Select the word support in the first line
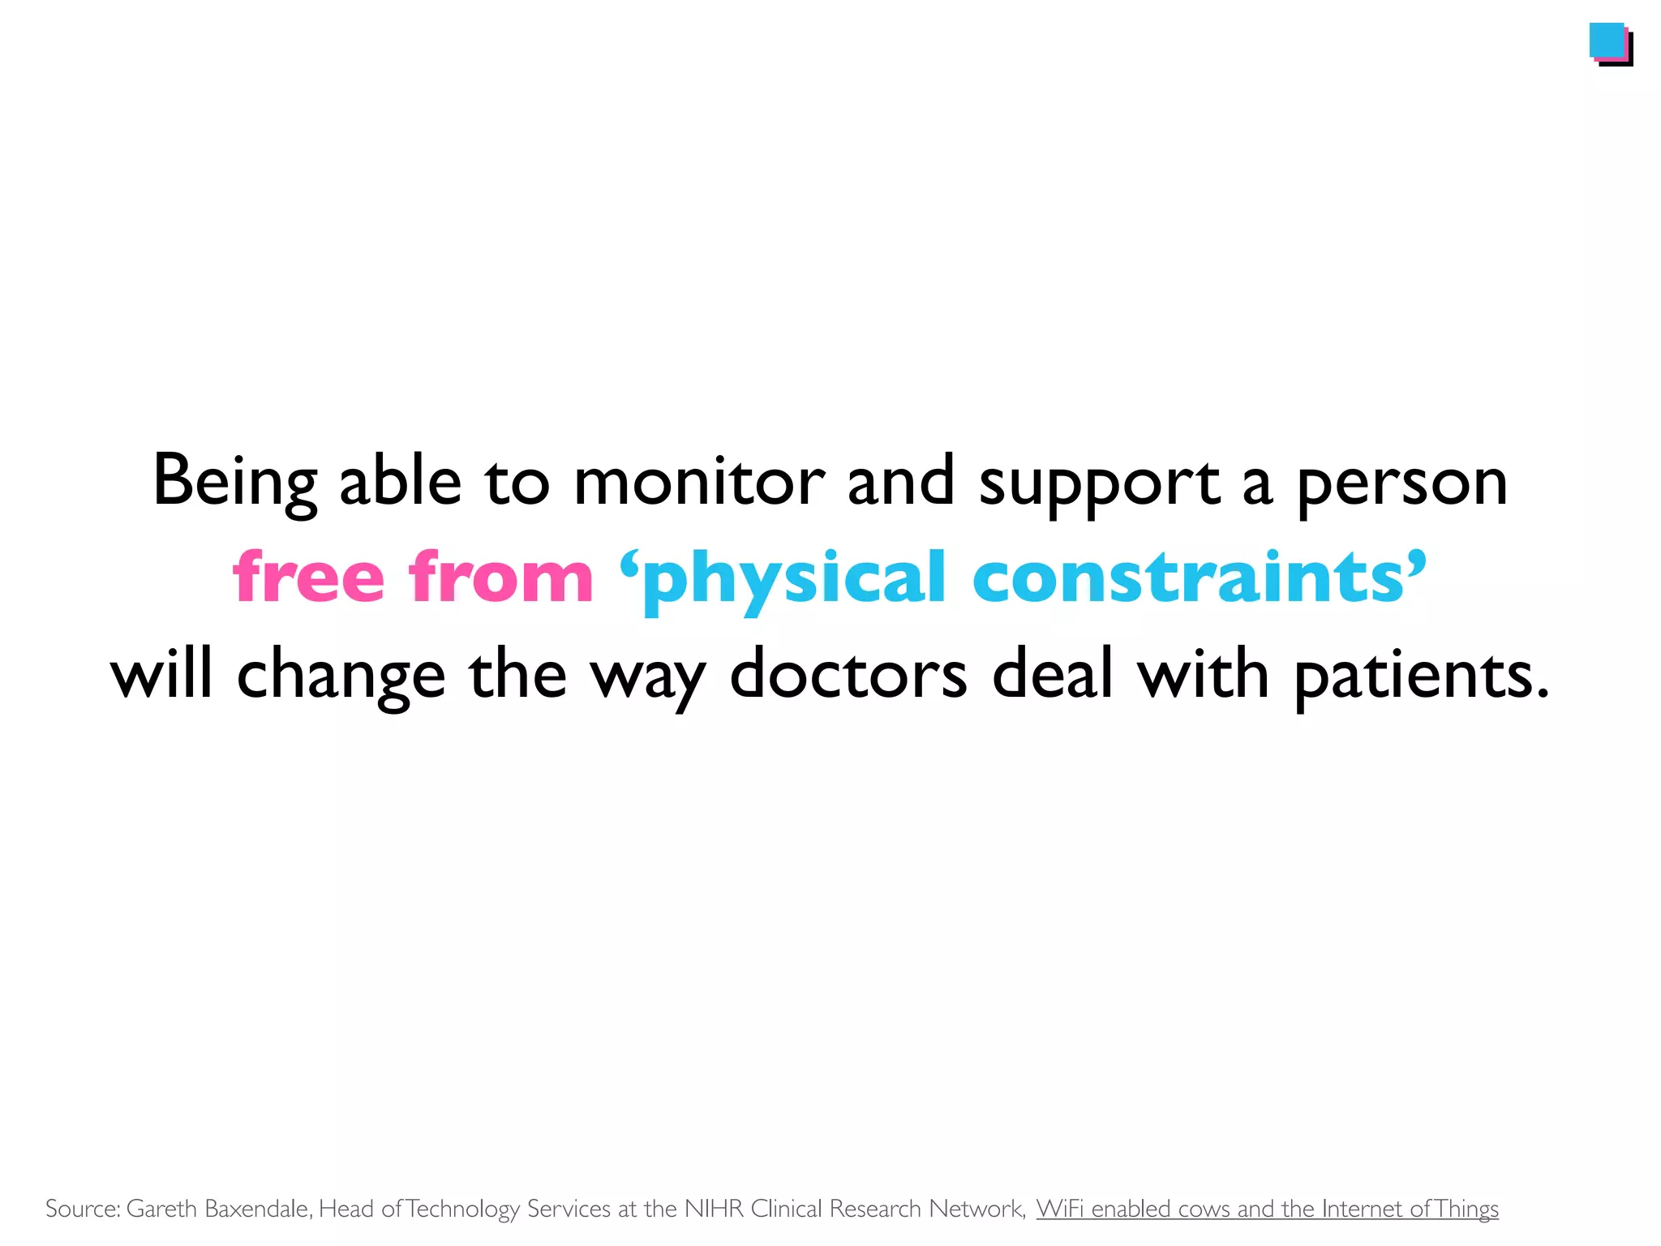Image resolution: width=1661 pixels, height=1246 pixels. point(1099,483)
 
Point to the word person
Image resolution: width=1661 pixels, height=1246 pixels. point(1402,483)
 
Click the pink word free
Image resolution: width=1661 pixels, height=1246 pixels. point(308,577)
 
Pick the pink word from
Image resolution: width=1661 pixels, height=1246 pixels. point(500,577)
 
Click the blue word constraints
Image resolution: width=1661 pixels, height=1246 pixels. point(1189,577)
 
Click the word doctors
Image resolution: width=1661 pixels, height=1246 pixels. point(848,674)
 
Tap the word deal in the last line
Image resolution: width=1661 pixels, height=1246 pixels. point(1052,674)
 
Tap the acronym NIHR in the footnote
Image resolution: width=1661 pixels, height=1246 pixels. point(714,1209)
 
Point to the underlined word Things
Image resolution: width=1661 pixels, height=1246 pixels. point(1466,1209)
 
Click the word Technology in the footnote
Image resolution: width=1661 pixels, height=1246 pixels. point(462,1209)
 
